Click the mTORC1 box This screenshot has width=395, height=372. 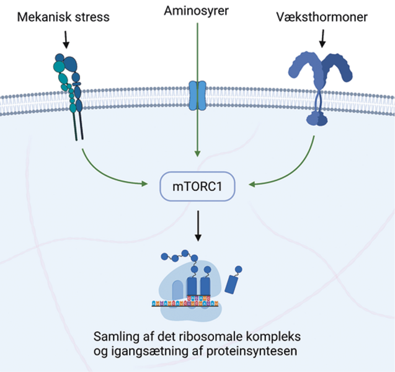pos(198,185)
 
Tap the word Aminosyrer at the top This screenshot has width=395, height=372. pos(197,11)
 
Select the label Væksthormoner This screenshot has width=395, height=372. pos(322,17)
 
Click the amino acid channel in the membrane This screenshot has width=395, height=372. pos(197,95)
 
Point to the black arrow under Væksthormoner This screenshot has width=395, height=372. pos(322,38)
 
